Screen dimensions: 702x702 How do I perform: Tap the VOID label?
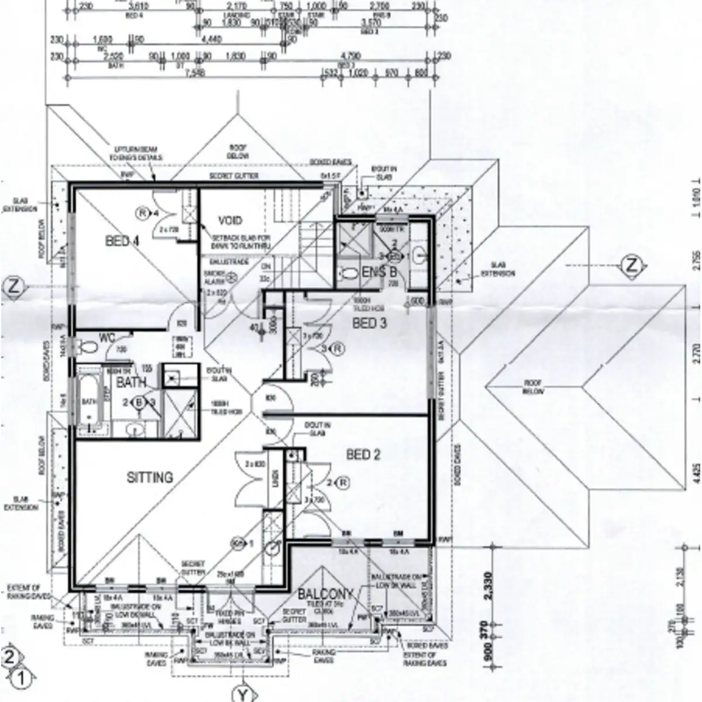pos(230,221)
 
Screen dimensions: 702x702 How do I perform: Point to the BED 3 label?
pos(369,322)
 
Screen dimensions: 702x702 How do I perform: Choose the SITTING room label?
pos(150,477)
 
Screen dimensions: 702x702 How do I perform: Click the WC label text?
pos(106,338)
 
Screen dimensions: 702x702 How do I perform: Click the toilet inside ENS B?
pos(350,273)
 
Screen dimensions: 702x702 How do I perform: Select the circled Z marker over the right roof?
pos(631,265)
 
